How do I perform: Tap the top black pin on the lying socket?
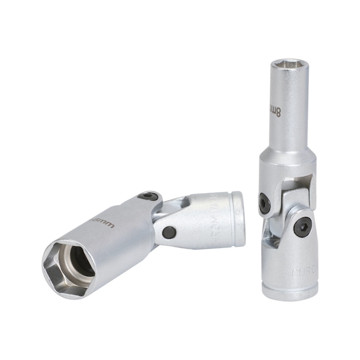[149, 196]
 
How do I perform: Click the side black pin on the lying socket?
[169, 232]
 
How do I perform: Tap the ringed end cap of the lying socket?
[237, 216]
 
